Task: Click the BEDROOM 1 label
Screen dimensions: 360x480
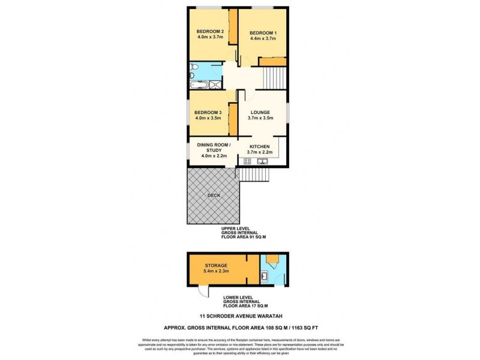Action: (262, 32)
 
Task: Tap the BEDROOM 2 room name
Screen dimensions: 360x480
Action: (210, 32)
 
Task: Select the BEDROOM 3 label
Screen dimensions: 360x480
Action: (208, 112)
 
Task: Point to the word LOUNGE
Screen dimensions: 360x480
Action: (260, 112)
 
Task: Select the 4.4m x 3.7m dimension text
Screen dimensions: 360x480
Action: (262, 38)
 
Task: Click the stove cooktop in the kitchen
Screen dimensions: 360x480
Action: (247, 160)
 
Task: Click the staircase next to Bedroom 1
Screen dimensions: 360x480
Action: (275, 77)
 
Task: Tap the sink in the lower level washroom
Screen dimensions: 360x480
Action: (265, 277)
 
